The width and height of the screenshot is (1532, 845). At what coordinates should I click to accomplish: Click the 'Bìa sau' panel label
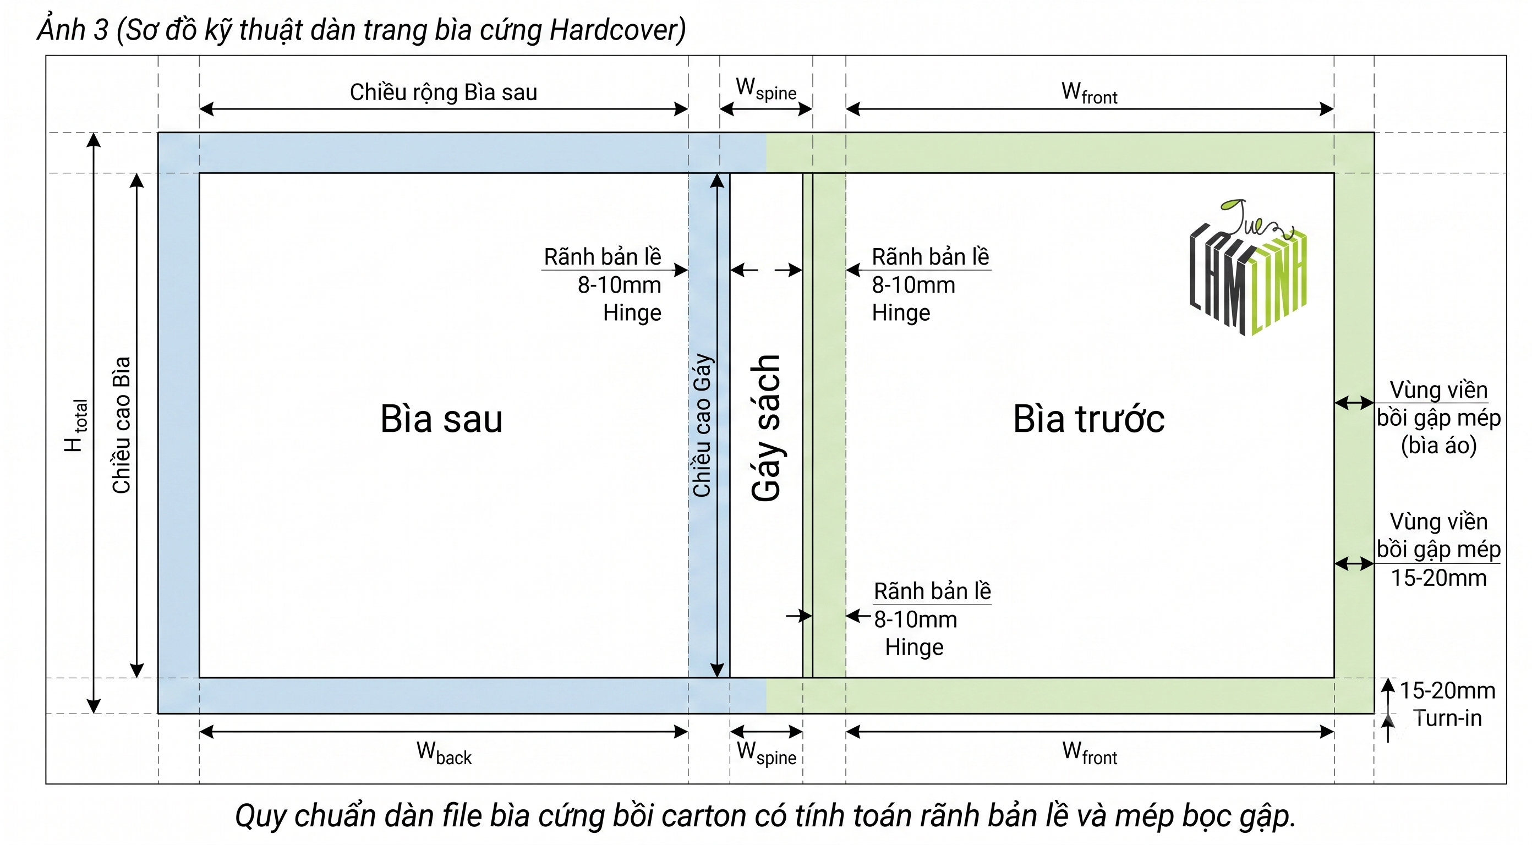pyautogui.click(x=441, y=419)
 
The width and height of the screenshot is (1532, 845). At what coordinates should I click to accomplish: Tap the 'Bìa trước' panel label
pyautogui.click(x=1088, y=419)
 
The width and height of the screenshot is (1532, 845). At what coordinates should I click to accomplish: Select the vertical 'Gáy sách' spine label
pyautogui.click(x=766, y=428)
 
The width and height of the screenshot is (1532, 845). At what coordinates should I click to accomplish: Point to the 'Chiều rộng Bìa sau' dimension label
pyautogui.click(x=443, y=92)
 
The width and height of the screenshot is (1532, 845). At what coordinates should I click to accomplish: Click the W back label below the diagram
pyautogui.click(x=444, y=754)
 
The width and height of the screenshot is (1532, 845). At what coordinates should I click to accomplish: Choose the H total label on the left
pyautogui.click(x=75, y=426)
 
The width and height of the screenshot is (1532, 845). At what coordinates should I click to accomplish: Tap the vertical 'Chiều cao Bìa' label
pyautogui.click(x=121, y=425)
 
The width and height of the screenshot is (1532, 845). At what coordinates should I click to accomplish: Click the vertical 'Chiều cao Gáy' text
pyautogui.click(x=702, y=425)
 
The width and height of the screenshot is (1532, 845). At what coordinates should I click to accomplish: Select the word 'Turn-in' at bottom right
pyautogui.click(x=1448, y=718)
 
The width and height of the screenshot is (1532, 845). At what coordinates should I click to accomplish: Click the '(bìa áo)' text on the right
pyautogui.click(x=1438, y=446)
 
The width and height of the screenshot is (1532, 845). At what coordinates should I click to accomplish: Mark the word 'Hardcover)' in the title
pyautogui.click(x=618, y=30)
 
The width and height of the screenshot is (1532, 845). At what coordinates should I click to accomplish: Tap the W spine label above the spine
pyautogui.click(x=766, y=89)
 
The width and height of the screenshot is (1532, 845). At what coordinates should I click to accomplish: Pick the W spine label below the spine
pyautogui.click(x=766, y=754)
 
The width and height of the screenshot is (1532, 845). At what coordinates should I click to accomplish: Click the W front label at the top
pyautogui.click(x=1090, y=93)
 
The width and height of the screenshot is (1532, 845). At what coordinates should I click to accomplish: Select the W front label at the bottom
pyautogui.click(x=1090, y=754)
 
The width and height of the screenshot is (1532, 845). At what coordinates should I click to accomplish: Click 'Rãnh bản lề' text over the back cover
pyautogui.click(x=603, y=257)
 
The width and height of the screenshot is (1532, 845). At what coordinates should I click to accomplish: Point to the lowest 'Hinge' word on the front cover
pyautogui.click(x=914, y=647)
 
